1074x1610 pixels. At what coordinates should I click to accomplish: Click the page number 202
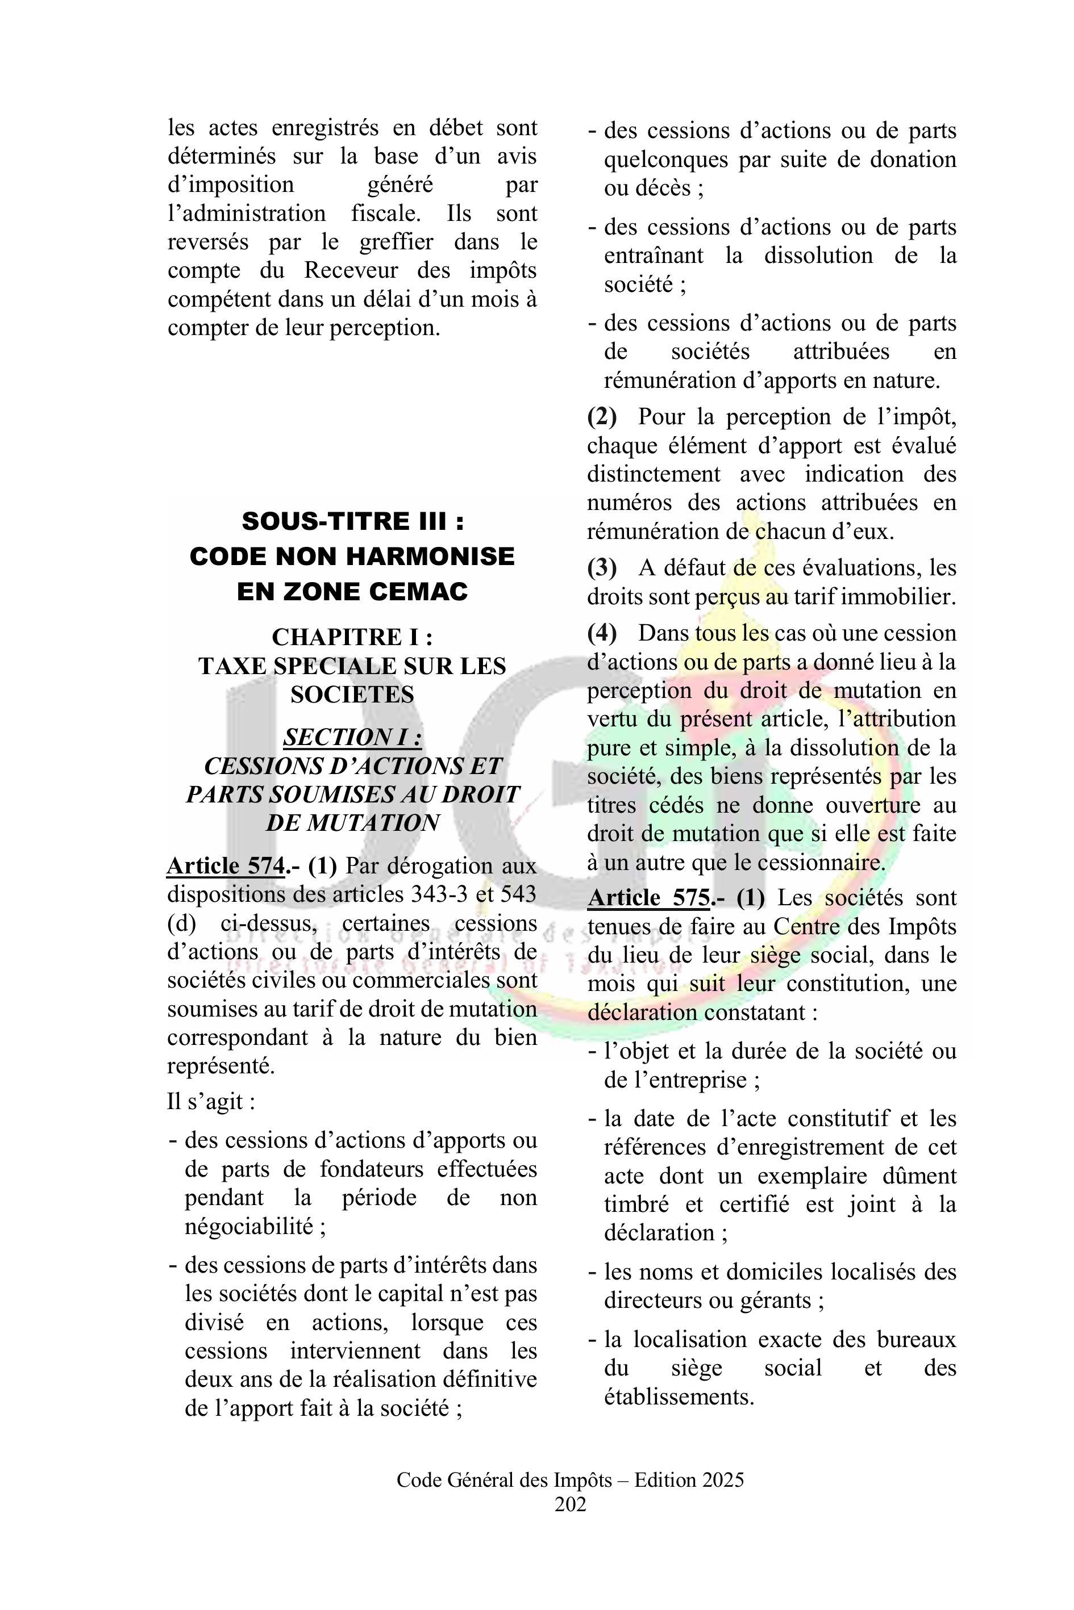point(570,1504)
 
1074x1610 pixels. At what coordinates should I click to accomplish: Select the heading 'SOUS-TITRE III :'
point(353,521)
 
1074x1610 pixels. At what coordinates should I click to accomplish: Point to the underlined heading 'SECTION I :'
point(353,737)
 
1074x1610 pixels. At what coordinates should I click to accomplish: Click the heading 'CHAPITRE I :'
point(353,637)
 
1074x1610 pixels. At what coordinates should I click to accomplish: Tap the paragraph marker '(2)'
point(601,417)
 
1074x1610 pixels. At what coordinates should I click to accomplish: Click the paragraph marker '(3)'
point(601,568)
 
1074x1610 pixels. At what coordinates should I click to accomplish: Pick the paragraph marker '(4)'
point(601,633)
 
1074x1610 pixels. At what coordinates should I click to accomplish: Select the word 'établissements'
point(678,1397)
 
